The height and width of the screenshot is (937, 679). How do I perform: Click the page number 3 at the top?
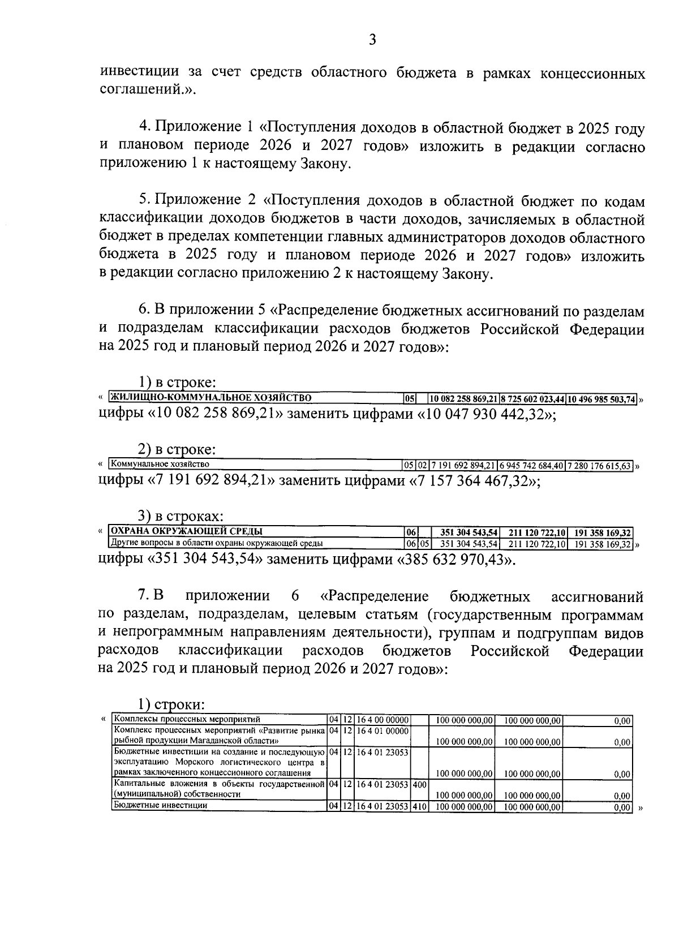pos(372,39)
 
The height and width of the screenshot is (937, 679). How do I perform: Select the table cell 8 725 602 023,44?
pos(533,399)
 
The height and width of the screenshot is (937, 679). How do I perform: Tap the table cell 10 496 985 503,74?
pos(601,399)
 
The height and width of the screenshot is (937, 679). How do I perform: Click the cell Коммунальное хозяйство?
pos(161,465)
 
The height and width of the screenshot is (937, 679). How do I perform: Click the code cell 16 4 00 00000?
pos(383,720)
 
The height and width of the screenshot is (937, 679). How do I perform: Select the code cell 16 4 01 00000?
pos(383,731)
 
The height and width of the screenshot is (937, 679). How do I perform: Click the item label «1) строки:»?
pos(171,705)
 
